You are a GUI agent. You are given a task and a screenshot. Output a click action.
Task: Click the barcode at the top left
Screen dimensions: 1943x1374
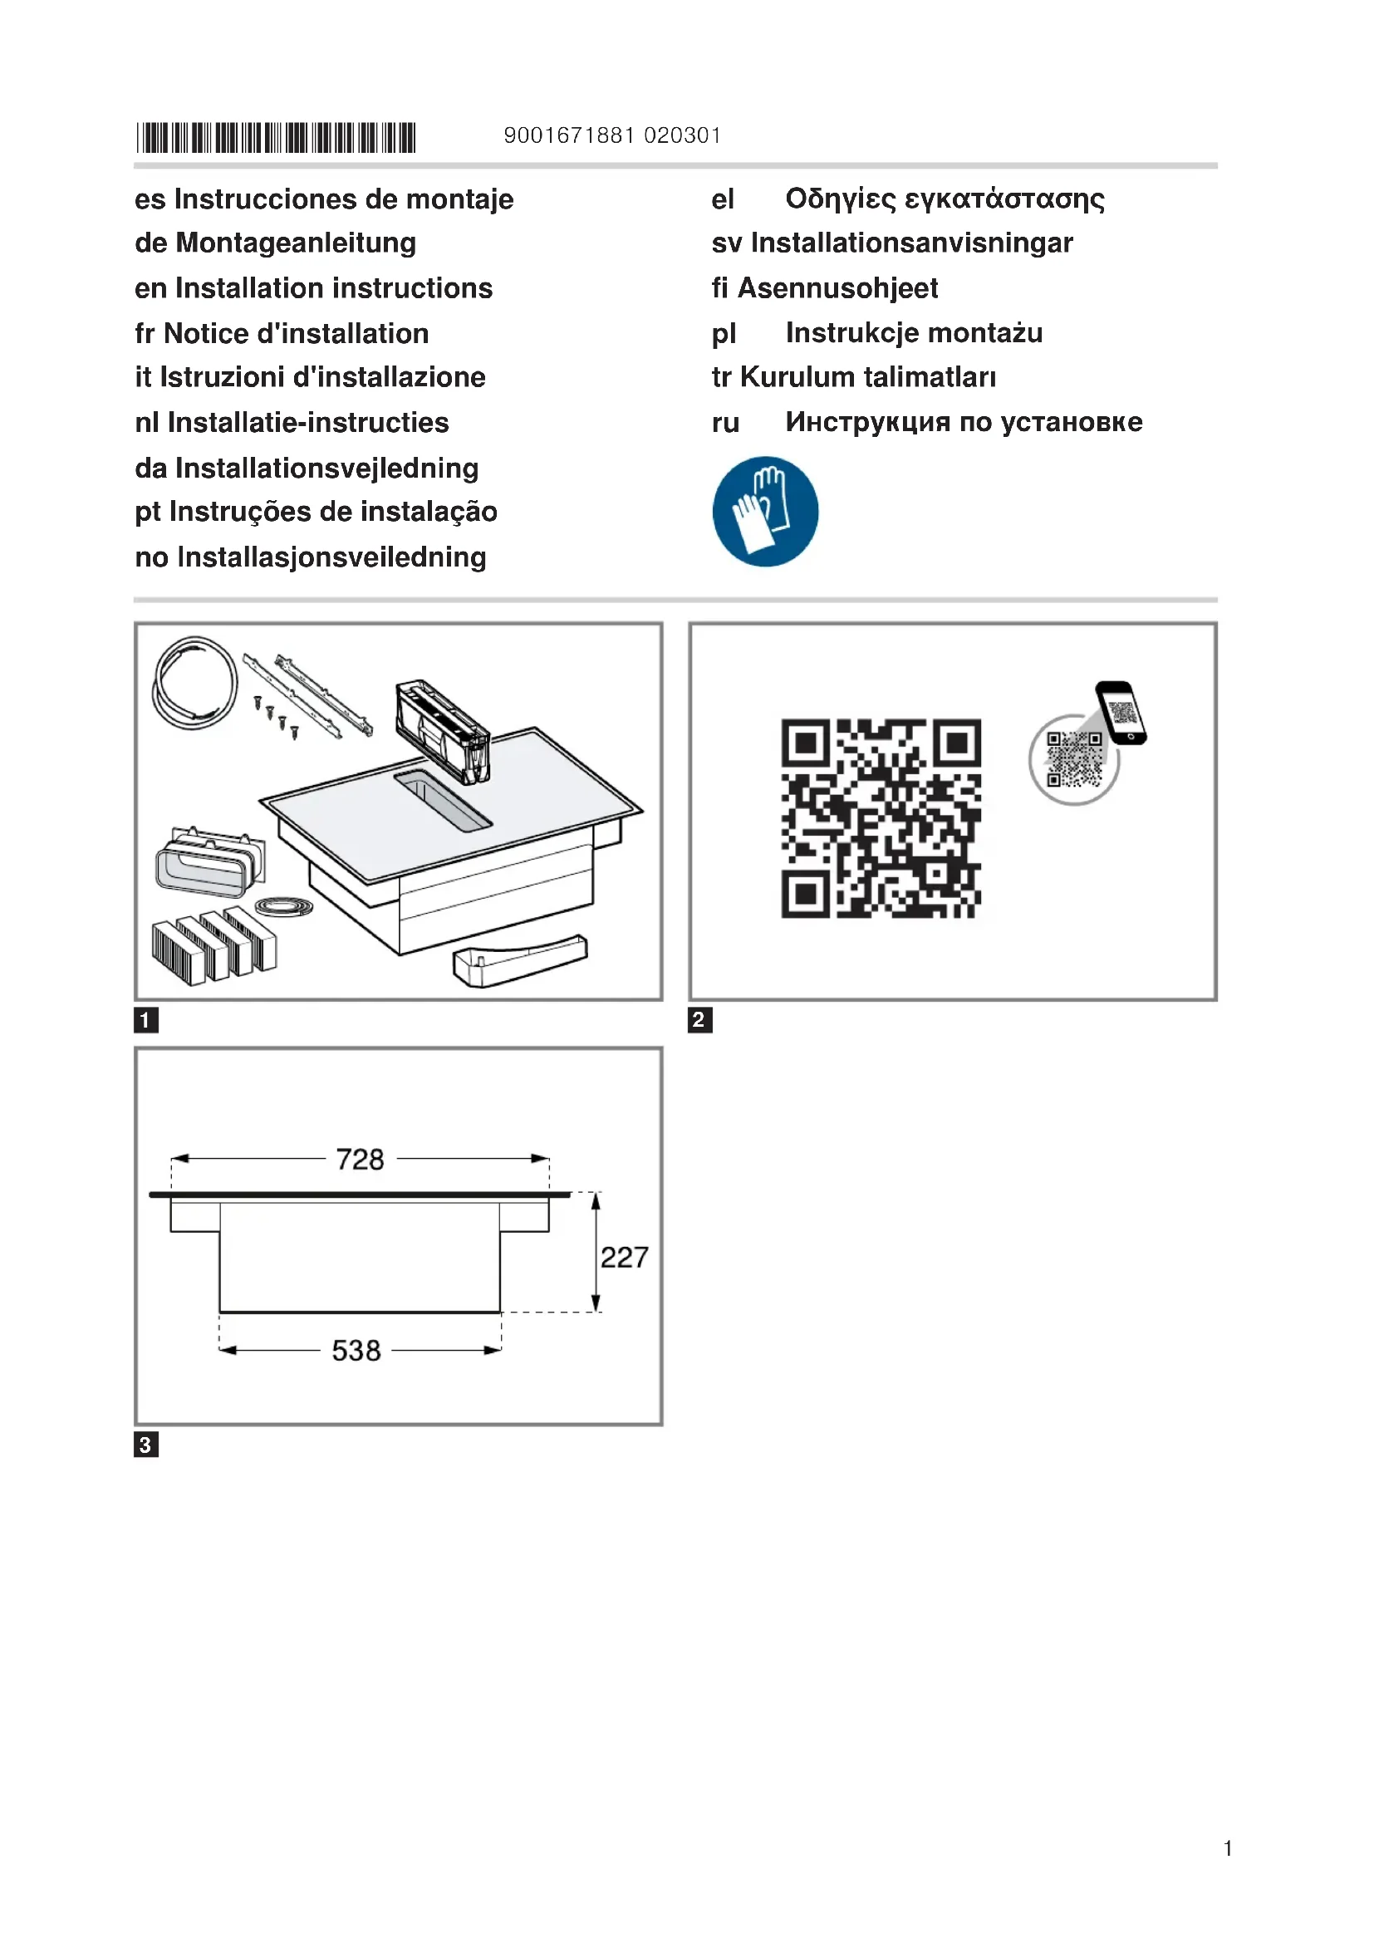click(x=276, y=137)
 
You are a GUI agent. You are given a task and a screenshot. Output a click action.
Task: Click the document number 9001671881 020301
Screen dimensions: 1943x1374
click(x=611, y=135)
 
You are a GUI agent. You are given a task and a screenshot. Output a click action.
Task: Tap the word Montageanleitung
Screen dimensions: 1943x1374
click(x=295, y=243)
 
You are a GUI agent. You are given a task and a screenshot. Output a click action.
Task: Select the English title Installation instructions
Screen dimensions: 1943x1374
click(x=333, y=287)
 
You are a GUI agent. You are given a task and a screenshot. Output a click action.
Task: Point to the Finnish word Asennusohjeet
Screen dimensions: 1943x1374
click(x=837, y=287)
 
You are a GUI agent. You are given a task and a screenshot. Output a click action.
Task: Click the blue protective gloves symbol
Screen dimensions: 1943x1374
click(x=765, y=511)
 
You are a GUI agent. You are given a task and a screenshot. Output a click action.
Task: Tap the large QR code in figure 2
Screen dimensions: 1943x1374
click(x=880, y=818)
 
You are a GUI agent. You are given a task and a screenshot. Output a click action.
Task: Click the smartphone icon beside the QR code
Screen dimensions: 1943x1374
click(x=1121, y=713)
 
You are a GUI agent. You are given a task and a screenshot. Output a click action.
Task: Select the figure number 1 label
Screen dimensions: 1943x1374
click(x=145, y=1020)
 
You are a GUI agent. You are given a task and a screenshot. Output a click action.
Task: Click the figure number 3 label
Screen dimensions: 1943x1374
click(x=145, y=1445)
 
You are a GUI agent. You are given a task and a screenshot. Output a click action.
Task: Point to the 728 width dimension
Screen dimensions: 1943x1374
click(x=360, y=1160)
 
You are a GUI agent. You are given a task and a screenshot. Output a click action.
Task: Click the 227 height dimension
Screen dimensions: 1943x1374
click(x=624, y=1258)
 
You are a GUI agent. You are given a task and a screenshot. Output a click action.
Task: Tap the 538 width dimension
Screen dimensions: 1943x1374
click(x=356, y=1351)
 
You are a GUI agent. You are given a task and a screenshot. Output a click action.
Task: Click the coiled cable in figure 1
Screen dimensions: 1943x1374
click(x=194, y=683)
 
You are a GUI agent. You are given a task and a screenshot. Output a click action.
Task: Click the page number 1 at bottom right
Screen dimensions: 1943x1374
click(x=1227, y=1848)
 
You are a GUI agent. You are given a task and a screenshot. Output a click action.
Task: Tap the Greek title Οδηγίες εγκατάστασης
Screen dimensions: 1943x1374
click(x=945, y=199)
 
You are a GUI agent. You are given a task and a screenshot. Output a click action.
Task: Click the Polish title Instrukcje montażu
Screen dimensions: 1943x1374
click(x=914, y=332)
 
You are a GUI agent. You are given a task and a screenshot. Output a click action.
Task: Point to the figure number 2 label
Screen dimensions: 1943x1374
click(x=699, y=1020)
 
